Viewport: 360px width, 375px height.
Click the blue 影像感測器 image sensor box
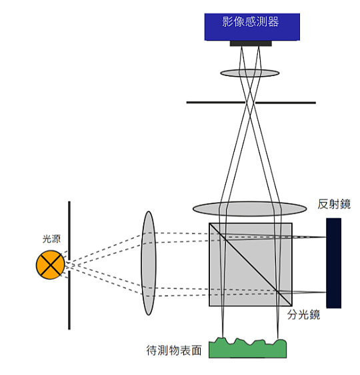coord(252,27)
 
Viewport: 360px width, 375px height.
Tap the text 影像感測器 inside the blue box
coord(251,22)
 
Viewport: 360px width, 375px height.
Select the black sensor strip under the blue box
coord(251,43)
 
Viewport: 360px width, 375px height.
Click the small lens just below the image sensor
coord(249,73)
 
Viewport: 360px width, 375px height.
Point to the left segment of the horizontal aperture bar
coord(216,102)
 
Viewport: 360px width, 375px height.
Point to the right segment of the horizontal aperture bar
coord(285,103)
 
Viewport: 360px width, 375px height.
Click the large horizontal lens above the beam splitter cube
coord(249,209)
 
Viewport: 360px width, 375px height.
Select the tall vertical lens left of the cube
coord(149,263)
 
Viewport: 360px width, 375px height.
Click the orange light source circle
coord(50,265)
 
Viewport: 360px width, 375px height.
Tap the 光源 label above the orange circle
coord(51,239)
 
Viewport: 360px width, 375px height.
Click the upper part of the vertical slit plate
coord(69,230)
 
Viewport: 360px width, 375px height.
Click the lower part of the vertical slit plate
coord(69,300)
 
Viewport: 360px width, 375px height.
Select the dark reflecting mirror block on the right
coord(334,263)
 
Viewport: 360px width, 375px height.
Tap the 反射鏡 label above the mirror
coord(334,204)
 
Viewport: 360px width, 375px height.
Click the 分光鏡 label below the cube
coord(303,314)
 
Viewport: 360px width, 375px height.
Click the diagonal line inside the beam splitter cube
coord(251,264)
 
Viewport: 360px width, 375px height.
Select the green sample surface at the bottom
coord(248,348)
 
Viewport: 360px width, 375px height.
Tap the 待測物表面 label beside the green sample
coord(174,350)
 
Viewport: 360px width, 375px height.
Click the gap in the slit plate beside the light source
coord(69,265)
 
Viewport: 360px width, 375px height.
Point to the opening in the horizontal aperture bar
coord(250,103)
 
